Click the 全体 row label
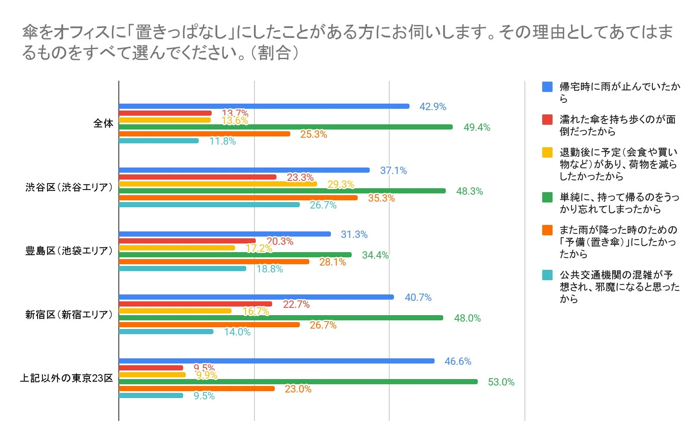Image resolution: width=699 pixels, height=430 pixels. [x=103, y=123]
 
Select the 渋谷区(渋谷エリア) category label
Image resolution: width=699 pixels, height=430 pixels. [x=69, y=187]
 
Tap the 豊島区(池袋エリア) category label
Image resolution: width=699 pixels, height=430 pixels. [x=69, y=251]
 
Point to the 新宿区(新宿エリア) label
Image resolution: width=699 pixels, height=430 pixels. [x=69, y=315]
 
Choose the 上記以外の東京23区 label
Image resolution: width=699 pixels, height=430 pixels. [x=67, y=378]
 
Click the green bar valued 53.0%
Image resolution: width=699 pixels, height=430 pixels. [x=298, y=382]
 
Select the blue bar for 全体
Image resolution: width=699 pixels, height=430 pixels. [x=264, y=106]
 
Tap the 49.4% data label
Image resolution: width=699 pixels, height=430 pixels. [x=477, y=127]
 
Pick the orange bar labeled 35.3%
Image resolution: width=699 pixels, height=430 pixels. [x=238, y=198]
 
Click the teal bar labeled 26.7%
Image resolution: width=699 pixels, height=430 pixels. [x=209, y=205]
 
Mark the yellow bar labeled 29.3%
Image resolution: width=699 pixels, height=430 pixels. [x=218, y=184]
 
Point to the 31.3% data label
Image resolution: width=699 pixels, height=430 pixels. [x=354, y=234]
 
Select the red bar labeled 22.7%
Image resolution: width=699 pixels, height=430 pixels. [x=195, y=304]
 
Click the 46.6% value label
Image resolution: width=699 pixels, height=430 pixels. [x=458, y=361]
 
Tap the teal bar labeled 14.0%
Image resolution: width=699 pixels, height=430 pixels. [x=166, y=332]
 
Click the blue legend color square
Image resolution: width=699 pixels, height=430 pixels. [x=547, y=87]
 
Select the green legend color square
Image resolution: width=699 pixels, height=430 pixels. [x=547, y=197]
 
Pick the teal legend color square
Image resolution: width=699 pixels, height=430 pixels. [x=547, y=275]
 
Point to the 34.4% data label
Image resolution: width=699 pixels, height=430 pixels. [x=375, y=255]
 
